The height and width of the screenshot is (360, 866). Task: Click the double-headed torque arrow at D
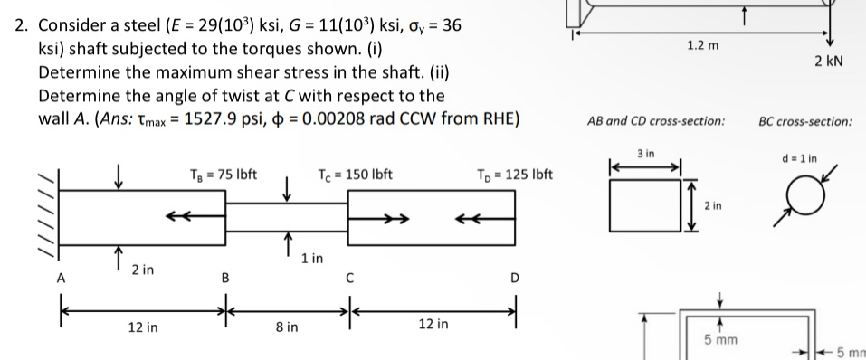(x=472, y=217)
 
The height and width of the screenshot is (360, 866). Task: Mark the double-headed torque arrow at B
(x=176, y=217)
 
